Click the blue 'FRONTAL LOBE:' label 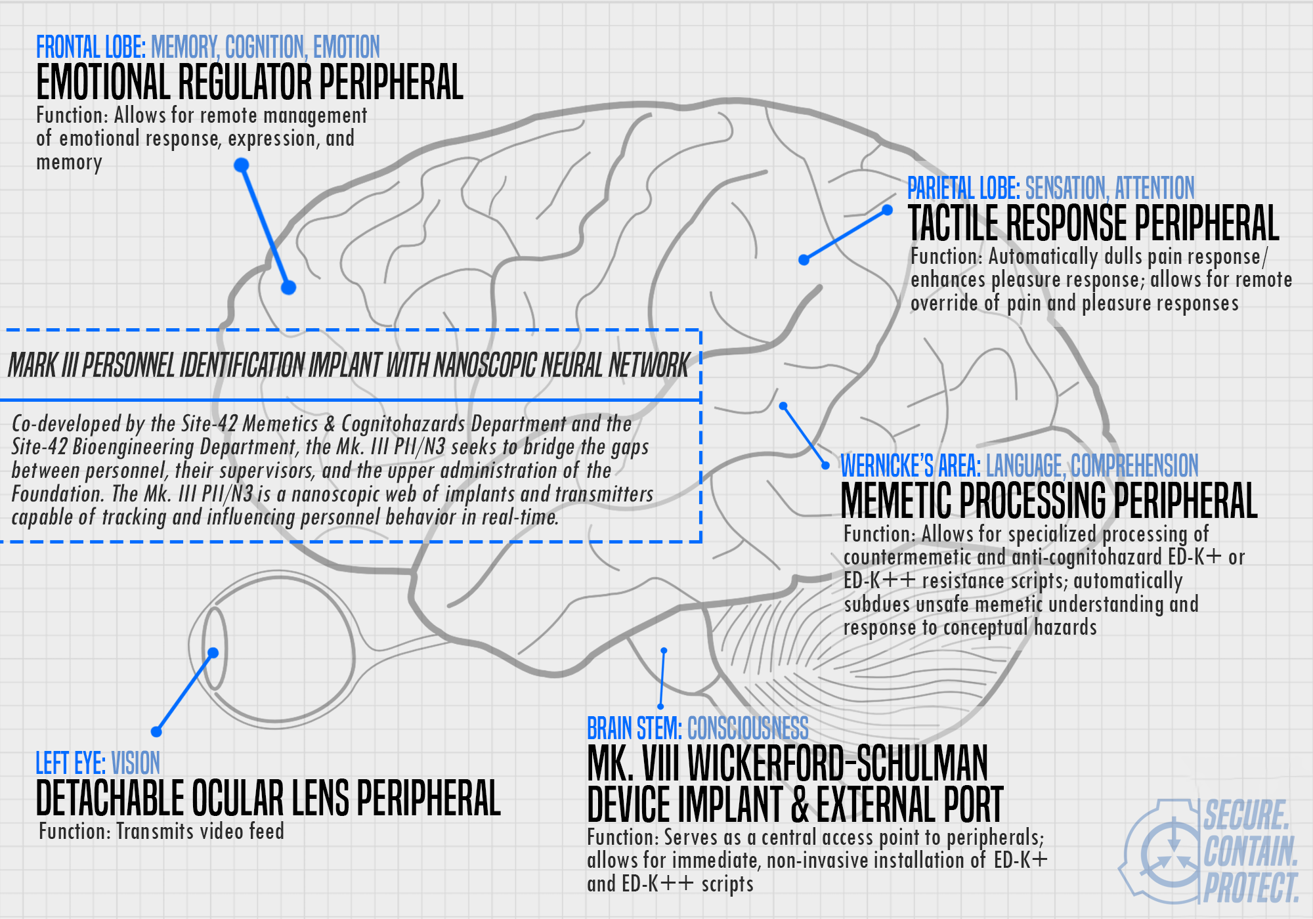point(91,47)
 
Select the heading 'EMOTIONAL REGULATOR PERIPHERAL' point(249,82)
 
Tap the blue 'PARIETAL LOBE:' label point(963,188)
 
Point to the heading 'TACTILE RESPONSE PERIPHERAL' point(1094,223)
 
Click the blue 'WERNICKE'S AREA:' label point(911,465)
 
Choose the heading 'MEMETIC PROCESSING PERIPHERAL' point(1049,501)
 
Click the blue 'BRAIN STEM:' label point(634,728)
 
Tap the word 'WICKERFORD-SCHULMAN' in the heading point(838,763)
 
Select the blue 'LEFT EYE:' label point(70,763)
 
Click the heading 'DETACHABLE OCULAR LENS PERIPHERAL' point(268,798)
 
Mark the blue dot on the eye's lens point(213,652)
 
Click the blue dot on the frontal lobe point(288,288)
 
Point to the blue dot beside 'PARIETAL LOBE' point(887,210)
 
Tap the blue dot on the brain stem point(664,651)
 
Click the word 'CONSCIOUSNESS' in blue point(748,728)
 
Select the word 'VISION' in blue point(136,763)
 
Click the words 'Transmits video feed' point(200,831)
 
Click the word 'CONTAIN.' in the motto point(1250,851)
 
